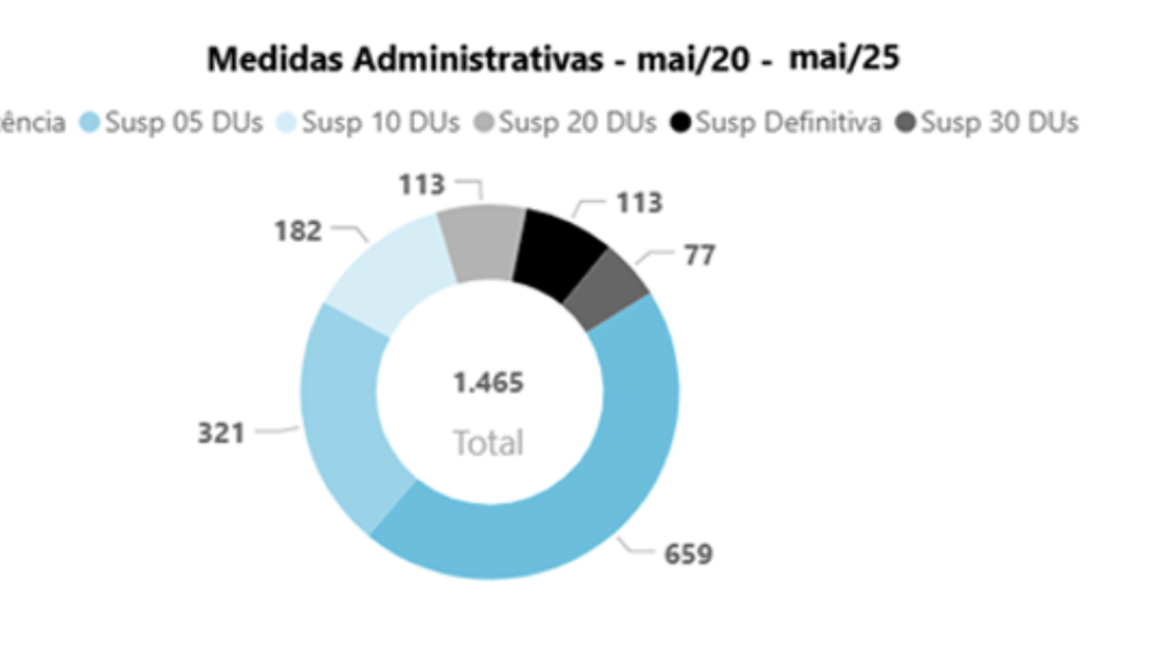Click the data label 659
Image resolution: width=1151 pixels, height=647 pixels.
(688, 554)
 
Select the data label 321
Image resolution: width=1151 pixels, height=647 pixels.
(221, 433)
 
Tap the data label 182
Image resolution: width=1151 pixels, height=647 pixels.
(298, 231)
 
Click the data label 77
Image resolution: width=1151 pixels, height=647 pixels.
(700, 255)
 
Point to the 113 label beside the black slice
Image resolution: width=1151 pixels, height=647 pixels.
(638, 203)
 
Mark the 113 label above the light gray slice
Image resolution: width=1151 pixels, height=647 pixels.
(422, 184)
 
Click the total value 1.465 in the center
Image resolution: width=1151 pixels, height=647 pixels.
(487, 383)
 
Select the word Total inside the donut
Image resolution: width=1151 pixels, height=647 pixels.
(487, 442)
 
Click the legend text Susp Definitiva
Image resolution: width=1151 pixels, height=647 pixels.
(789, 122)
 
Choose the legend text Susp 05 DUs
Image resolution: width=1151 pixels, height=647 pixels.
(183, 122)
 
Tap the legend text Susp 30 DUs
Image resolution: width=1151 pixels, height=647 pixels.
(999, 122)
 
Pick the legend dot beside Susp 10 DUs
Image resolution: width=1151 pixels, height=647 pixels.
(288, 122)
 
